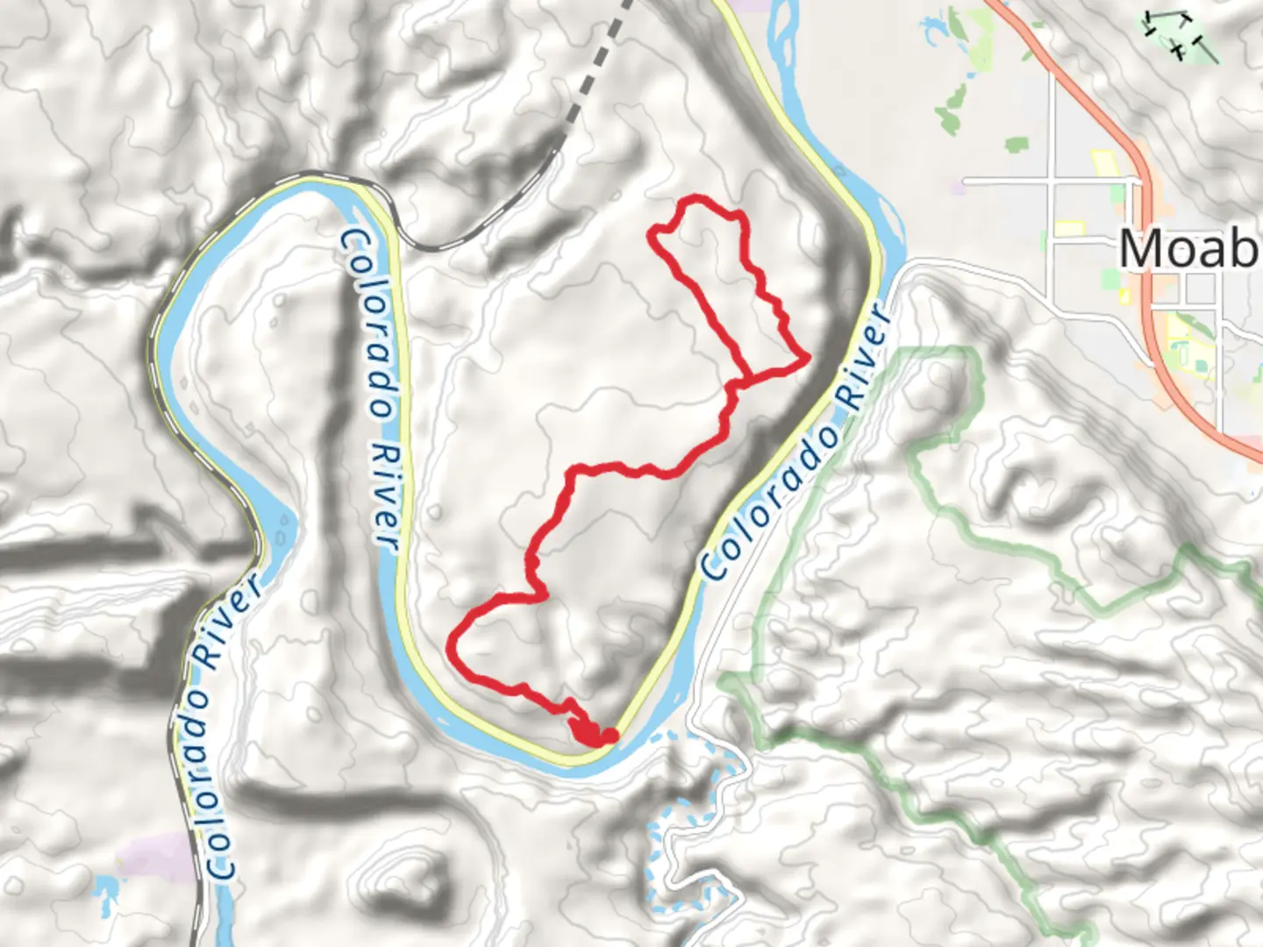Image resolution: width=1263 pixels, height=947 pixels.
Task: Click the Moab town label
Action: (1188, 249)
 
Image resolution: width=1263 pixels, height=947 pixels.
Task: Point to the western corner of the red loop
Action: (652, 233)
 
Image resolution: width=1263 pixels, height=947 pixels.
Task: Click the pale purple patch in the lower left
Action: (158, 855)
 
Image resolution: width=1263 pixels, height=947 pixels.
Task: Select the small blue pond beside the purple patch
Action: (105, 890)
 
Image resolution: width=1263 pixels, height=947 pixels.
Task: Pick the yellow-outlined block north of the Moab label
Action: (1102, 162)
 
